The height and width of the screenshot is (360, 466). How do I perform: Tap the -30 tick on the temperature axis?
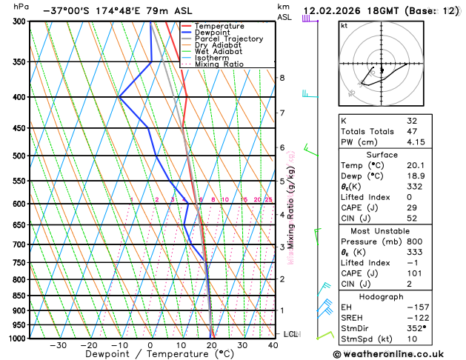click(58, 345)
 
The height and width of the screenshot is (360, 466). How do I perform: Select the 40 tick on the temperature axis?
click(273, 345)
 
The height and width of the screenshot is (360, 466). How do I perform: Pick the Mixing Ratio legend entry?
click(219, 64)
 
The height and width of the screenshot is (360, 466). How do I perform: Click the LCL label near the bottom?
click(290, 334)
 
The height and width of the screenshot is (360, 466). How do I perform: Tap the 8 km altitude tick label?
click(282, 78)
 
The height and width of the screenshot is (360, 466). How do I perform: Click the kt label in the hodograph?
click(344, 25)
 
